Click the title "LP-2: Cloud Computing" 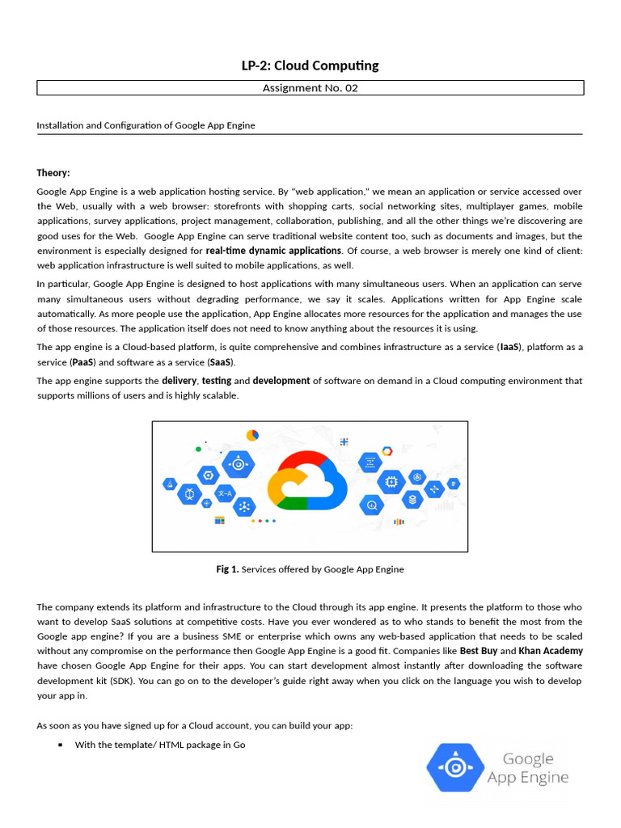point(310,65)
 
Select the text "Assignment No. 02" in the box point(310,88)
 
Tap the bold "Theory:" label point(53,173)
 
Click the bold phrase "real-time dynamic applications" point(273,251)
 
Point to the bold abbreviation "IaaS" point(510,347)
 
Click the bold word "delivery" point(180,381)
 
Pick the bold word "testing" point(217,381)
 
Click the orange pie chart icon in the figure point(252,435)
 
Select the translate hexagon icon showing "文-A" point(224,493)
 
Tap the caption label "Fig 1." point(227,569)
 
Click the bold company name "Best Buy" point(478,651)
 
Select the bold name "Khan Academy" point(551,651)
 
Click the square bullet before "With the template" point(61,745)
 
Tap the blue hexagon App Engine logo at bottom point(455,767)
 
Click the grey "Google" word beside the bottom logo point(528,758)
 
